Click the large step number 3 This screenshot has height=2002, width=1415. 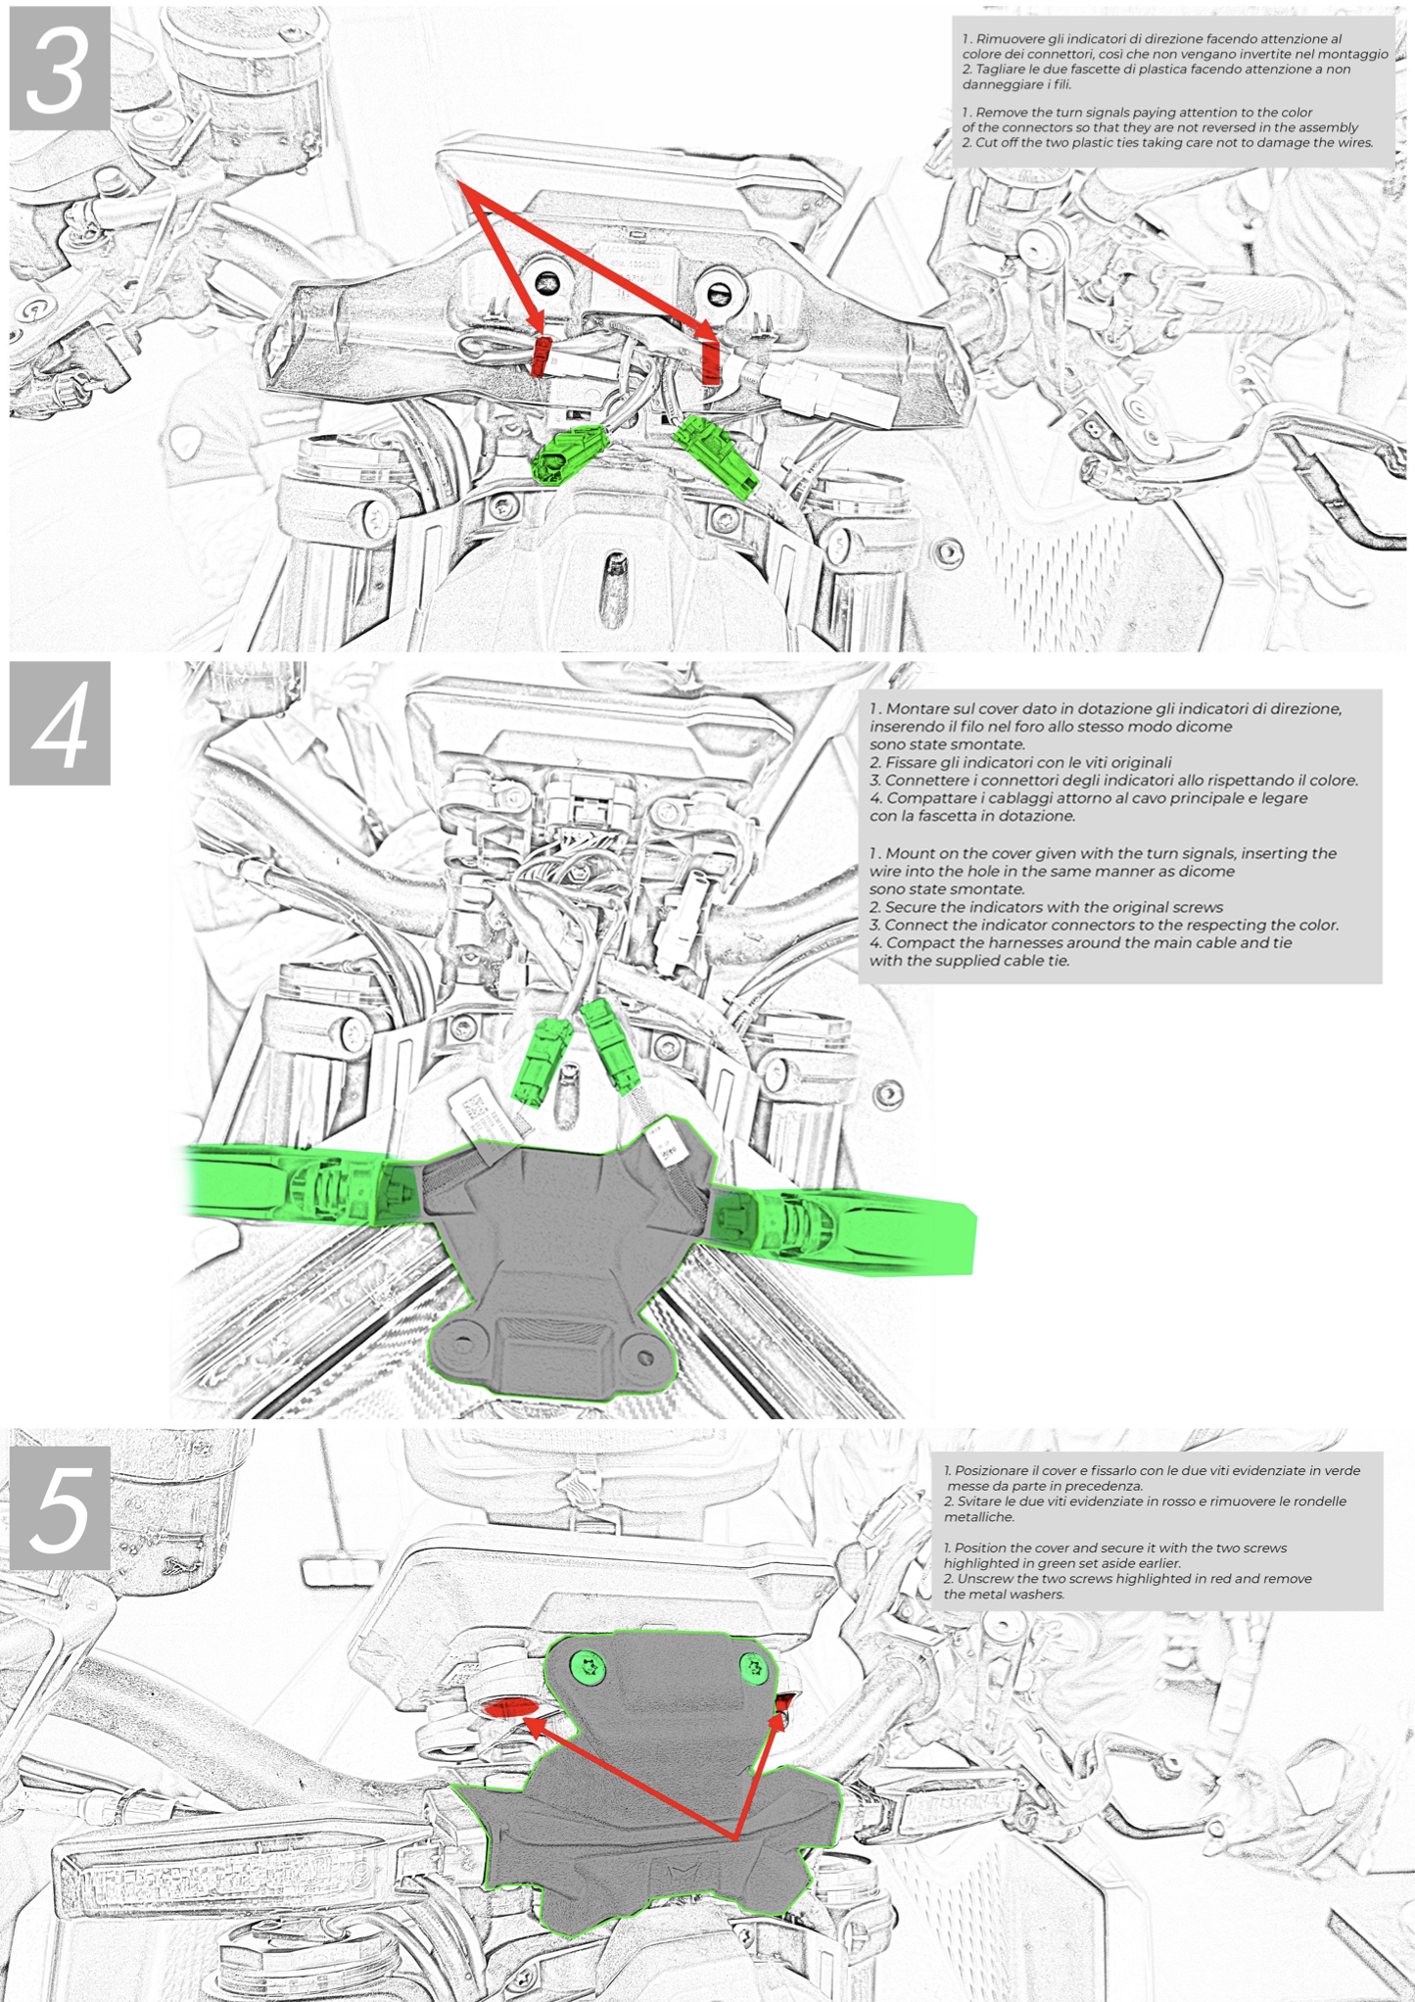coord(58,69)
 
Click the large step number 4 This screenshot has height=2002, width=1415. coord(60,726)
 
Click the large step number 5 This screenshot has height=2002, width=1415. coord(60,1508)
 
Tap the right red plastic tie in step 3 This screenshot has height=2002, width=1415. coord(712,360)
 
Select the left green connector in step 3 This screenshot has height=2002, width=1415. coord(568,453)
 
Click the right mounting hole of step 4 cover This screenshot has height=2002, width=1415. coord(644,1357)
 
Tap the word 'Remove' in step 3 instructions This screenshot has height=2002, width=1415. coord(1001,113)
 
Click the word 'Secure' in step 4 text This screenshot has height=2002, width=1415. coord(913,907)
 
